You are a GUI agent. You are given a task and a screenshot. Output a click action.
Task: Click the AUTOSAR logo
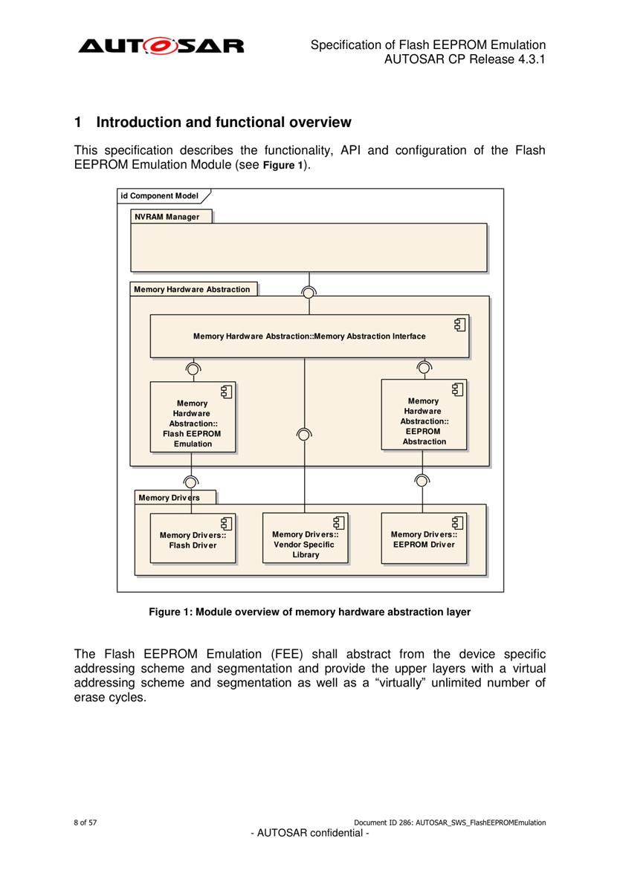[161, 45]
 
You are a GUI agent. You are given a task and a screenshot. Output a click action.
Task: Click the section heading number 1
[78, 123]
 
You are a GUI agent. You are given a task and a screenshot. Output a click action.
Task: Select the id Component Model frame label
[159, 195]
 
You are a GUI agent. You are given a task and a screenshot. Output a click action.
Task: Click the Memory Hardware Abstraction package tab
[193, 289]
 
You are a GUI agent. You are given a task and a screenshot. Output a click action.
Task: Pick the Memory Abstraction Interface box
[309, 337]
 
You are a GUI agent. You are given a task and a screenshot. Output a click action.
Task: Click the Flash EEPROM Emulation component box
[193, 417]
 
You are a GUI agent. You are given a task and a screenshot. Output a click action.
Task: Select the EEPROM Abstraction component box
[424, 415]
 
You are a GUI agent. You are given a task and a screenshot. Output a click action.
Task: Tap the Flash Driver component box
[193, 539]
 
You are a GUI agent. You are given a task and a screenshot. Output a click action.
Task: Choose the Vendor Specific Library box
[306, 538]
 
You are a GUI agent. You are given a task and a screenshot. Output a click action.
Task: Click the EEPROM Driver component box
[424, 538]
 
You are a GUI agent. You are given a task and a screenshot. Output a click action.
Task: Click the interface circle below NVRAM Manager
[308, 292]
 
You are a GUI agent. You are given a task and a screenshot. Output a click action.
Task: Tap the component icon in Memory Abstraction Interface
[459, 325]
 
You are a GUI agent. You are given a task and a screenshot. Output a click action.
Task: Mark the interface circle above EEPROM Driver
[422, 481]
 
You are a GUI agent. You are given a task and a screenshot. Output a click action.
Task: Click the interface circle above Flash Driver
[191, 482]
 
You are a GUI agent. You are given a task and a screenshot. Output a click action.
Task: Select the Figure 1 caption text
[310, 611]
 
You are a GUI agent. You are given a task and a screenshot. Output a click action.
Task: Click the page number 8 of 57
[85, 823]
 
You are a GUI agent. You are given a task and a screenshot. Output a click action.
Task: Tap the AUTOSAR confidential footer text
[310, 833]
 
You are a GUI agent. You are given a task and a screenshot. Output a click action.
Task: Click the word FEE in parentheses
[288, 654]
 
